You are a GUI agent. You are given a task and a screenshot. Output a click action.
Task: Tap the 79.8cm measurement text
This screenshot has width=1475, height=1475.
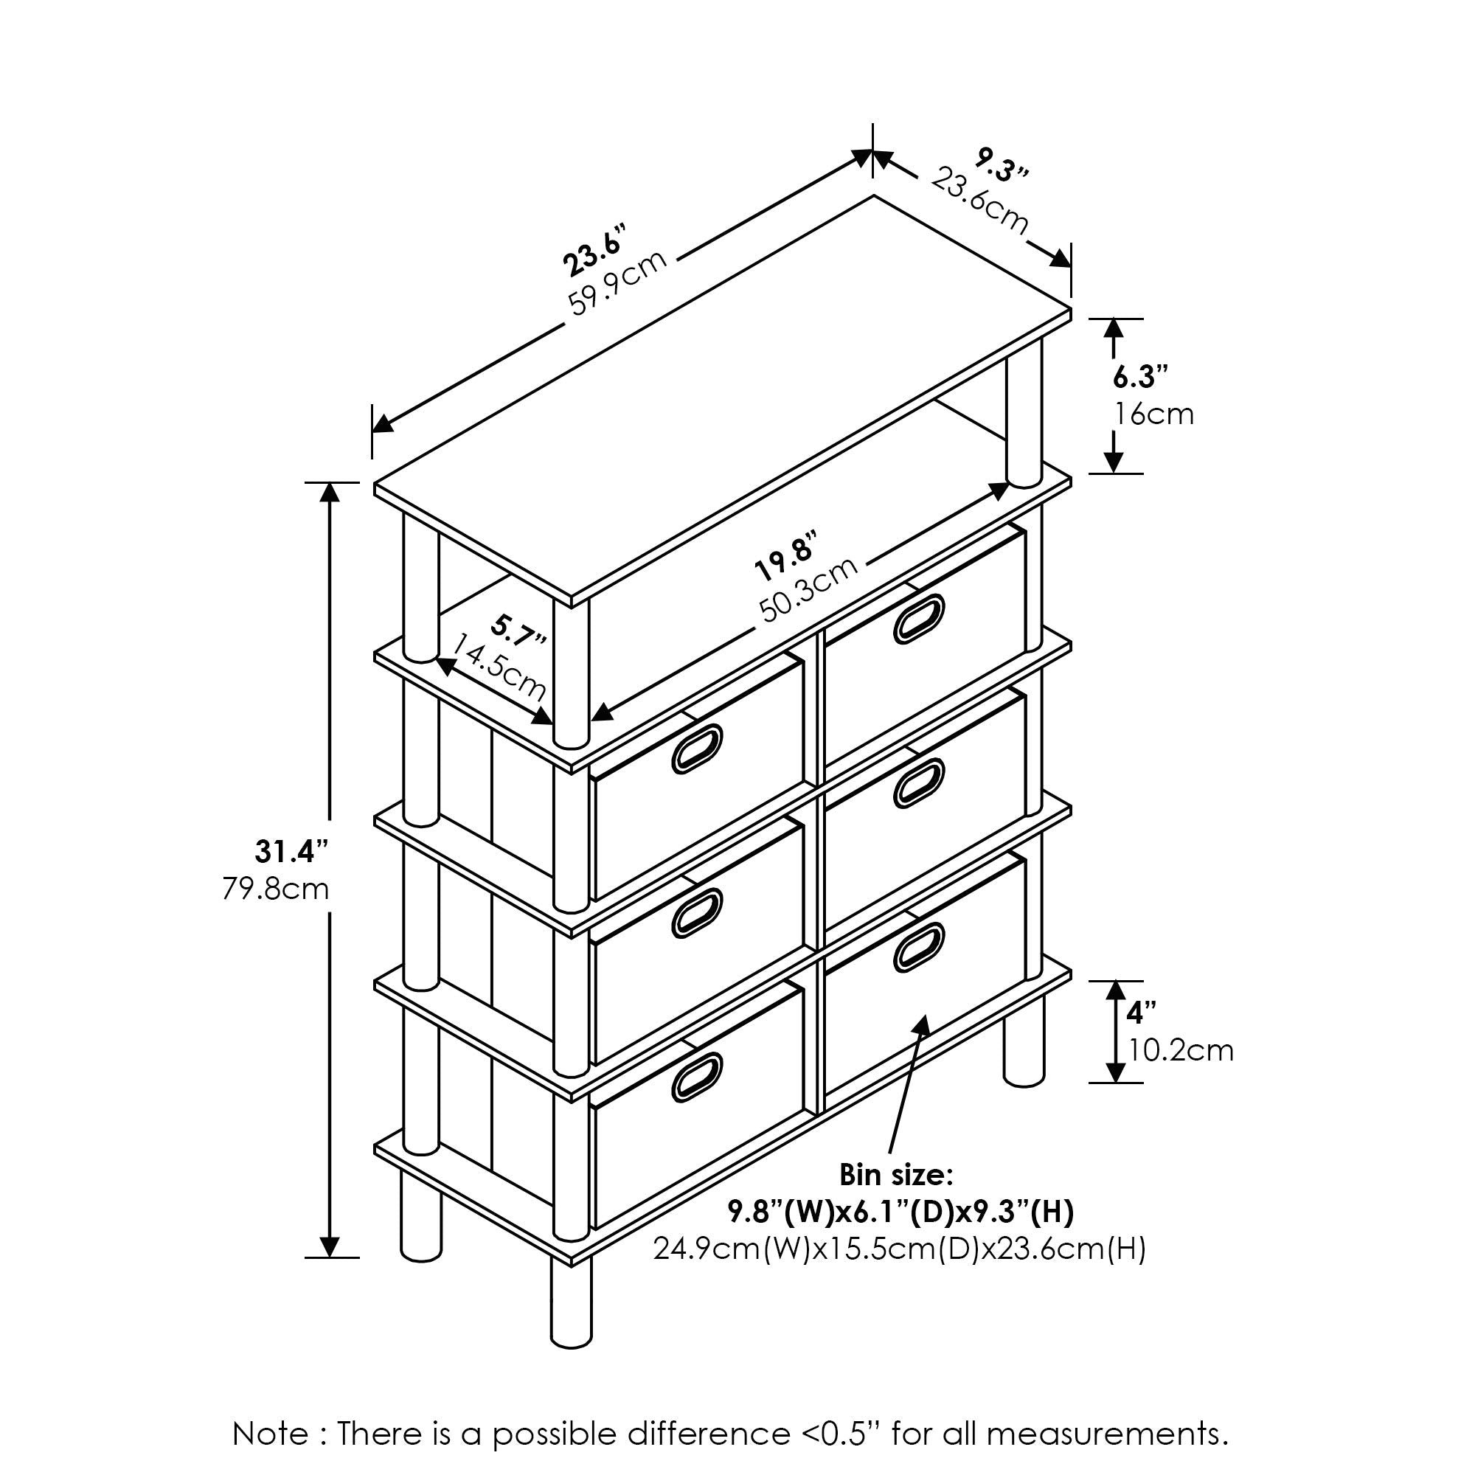tap(276, 889)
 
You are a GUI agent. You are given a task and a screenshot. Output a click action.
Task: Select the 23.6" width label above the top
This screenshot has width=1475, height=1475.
tap(594, 250)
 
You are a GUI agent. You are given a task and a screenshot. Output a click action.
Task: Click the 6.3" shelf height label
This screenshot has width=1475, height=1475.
tap(1139, 376)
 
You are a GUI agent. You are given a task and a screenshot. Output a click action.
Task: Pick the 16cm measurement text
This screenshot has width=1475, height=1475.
tap(1153, 414)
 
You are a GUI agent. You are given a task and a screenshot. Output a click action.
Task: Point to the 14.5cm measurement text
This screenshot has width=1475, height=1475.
tap(499, 667)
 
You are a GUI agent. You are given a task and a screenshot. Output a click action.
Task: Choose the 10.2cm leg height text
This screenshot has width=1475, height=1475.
tap(1180, 1051)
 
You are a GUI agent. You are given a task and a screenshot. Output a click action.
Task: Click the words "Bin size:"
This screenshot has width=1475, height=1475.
tap(896, 1175)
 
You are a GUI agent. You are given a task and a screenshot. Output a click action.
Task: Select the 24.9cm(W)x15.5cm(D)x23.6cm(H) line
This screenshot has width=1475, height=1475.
tap(900, 1249)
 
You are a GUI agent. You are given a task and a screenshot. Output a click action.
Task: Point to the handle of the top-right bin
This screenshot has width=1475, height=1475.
tap(919, 617)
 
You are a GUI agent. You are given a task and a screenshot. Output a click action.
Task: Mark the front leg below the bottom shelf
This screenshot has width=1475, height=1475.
tap(571, 1302)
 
